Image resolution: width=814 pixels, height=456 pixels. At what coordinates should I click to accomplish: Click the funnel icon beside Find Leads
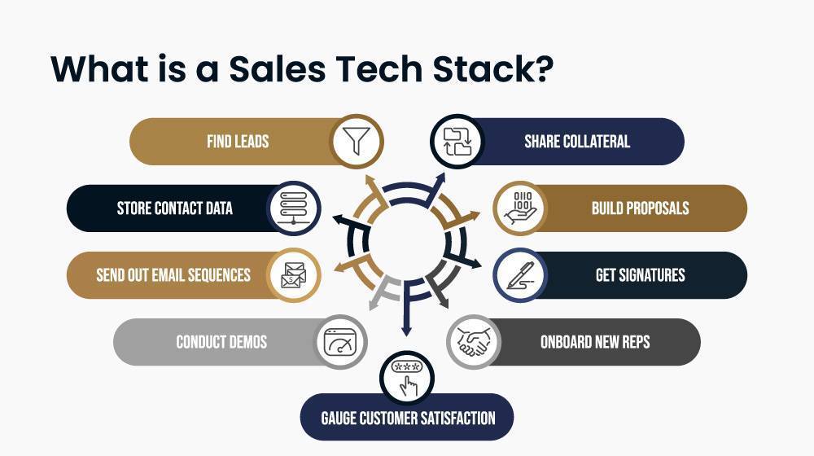pyautogui.click(x=357, y=141)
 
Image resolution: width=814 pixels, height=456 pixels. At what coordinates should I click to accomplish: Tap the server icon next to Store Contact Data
pyautogui.click(x=294, y=208)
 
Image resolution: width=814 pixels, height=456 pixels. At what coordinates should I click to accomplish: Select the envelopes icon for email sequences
pyautogui.click(x=294, y=275)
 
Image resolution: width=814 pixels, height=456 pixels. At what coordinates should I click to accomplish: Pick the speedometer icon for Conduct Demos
pyautogui.click(x=340, y=342)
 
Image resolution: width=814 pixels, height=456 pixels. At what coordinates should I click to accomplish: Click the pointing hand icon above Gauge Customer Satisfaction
pyautogui.click(x=407, y=378)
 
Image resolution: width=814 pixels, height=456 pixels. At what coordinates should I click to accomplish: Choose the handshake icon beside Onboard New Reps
pyautogui.click(x=473, y=342)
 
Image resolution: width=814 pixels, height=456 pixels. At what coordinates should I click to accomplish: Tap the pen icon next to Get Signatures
pyautogui.click(x=519, y=275)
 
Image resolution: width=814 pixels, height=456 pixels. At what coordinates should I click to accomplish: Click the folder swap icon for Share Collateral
pyautogui.click(x=457, y=141)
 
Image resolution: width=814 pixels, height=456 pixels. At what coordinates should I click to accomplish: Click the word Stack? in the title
pyautogui.click(x=493, y=69)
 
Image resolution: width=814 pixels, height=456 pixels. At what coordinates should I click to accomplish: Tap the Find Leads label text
pyautogui.click(x=238, y=141)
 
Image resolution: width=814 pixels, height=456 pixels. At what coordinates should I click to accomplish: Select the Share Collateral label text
pyautogui.click(x=577, y=141)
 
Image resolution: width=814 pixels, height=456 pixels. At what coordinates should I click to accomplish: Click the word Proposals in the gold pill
pyautogui.click(x=658, y=208)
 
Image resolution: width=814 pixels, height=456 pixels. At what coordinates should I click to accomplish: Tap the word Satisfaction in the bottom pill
pyautogui.click(x=457, y=418)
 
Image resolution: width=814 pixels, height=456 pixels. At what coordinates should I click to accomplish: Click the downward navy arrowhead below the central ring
pyautogui.click(x=407, y=330)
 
